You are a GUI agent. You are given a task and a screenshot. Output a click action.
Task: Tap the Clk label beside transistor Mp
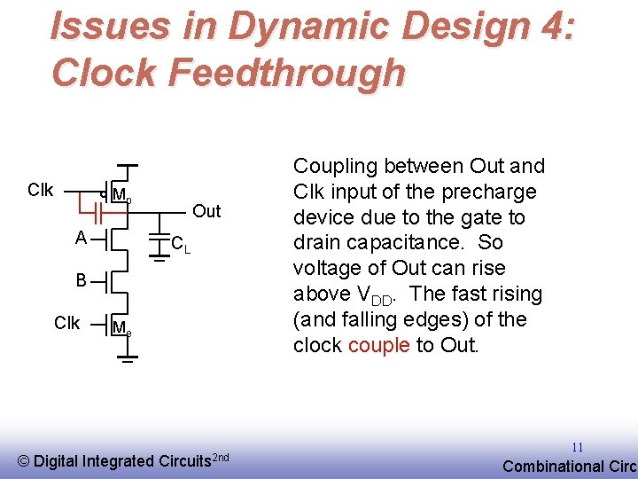[x=40, y=190]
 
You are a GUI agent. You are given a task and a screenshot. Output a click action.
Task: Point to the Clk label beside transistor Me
[x=66, y=323]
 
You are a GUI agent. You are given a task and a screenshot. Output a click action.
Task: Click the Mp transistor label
[x=122, y=196]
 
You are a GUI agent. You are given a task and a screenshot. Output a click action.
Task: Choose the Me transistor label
[x=122, y=329]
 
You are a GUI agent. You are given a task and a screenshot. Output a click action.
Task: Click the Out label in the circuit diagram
[x=206, y=211]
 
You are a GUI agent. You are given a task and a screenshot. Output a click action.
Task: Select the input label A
[x=81, y=238]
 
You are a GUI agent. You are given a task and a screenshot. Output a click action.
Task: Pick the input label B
[x=81, y=280]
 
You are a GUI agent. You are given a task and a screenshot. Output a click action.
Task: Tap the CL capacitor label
[x=180, y=243]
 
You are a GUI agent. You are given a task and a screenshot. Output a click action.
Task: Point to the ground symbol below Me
[x=128, y=360]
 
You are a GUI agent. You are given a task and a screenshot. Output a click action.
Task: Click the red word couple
[x=379, y=345]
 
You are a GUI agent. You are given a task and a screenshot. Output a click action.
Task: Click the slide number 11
[x=577, y=448]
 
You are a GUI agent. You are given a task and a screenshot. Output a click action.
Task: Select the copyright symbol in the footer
[x=24, y=460]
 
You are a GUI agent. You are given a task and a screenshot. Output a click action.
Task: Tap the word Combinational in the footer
[x=550, y=467]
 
